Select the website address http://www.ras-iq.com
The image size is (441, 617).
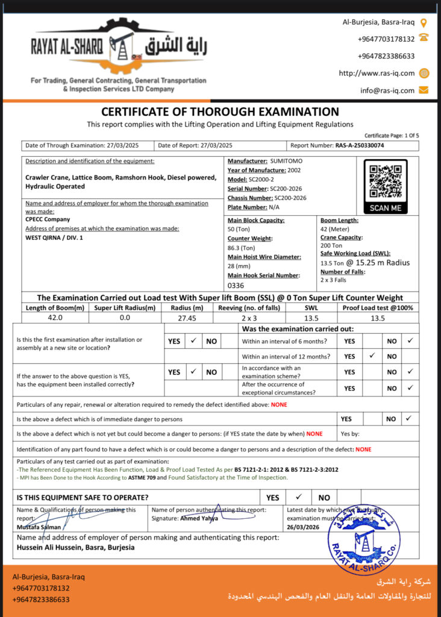tap(377, 74)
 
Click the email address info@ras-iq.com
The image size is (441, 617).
tap(387, 90)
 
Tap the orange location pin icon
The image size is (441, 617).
tap(424, 23)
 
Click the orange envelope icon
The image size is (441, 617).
tap(424, 90)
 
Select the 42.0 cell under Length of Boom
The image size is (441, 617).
tap(55, 318)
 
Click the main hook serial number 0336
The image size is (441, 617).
tap(236, 285)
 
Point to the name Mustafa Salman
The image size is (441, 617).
tap(39, 527)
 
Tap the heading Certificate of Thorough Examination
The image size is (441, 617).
tap(220, 111)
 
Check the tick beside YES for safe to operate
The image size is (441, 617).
tap(298, 497)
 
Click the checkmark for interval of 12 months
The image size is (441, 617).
tap(372, 356)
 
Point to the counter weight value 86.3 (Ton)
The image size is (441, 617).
tap(242, 248)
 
